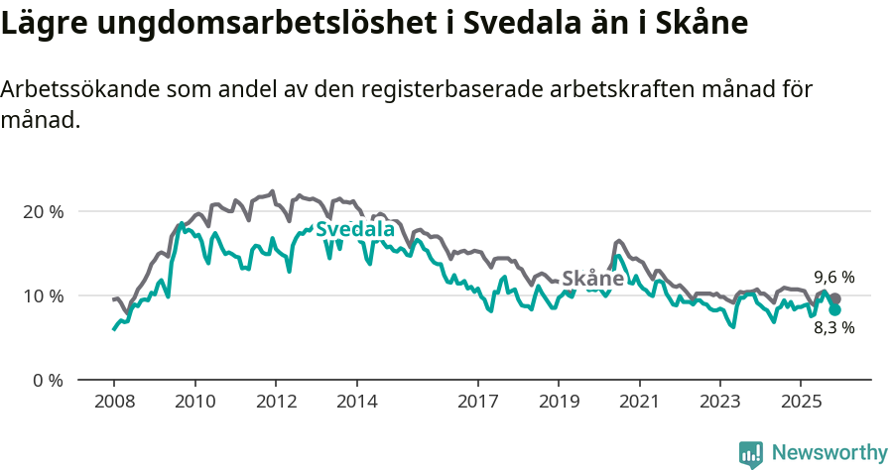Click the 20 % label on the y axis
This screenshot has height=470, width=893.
43,211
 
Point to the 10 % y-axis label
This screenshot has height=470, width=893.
43,295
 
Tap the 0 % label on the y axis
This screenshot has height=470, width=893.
48,380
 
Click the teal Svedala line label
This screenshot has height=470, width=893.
354,230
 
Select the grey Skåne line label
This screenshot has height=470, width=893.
592,279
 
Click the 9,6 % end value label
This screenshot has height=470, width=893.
833,278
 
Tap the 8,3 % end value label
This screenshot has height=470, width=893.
833,328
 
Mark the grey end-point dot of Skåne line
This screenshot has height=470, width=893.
835,298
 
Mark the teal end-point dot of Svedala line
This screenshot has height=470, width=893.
835,309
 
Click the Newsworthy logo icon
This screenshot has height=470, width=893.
751,453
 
